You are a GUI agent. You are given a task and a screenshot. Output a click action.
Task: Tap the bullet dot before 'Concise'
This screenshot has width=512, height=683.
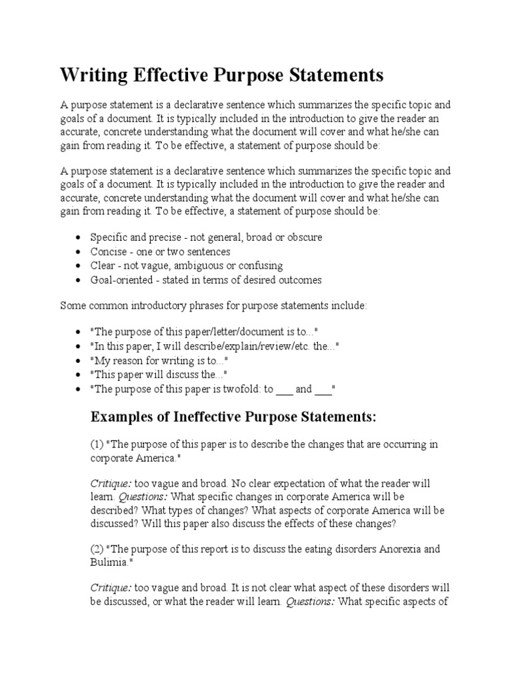click(x=79, y=252)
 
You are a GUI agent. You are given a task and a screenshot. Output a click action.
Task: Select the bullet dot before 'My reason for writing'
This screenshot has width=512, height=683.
click(x=79, y=360)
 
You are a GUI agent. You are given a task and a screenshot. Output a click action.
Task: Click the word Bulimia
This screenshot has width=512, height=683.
click(x=109, y=562)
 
